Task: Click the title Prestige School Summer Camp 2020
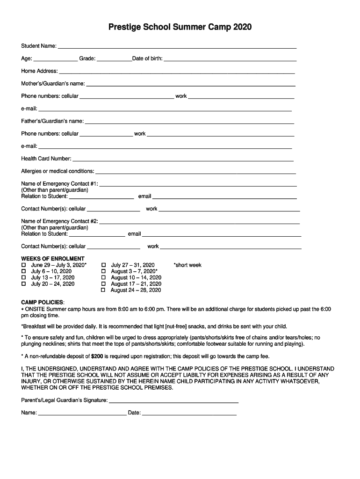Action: pos(180,27)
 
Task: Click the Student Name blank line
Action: pos(177,46)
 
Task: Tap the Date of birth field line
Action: pos(230,59)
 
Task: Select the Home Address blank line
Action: pos(177,72)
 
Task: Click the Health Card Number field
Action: pos(183,159)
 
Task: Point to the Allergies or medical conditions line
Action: pos(195,172)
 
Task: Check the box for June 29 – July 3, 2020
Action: pos(24,265)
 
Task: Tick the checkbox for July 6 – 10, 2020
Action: pos(24,271)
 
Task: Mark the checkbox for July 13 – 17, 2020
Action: pos(24,278)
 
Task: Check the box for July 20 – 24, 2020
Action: pos(24,284)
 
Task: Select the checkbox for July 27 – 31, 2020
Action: pos(104,265)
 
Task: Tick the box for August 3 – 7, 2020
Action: pos(104,271)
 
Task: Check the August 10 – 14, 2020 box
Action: pos(104,278)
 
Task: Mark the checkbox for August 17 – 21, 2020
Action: pos(104,284)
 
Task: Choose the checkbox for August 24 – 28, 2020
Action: pos(104,290)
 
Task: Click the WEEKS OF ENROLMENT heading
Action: pos(53,259)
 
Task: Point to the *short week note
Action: pos(187,265)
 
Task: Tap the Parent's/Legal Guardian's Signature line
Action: pos(173,401)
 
